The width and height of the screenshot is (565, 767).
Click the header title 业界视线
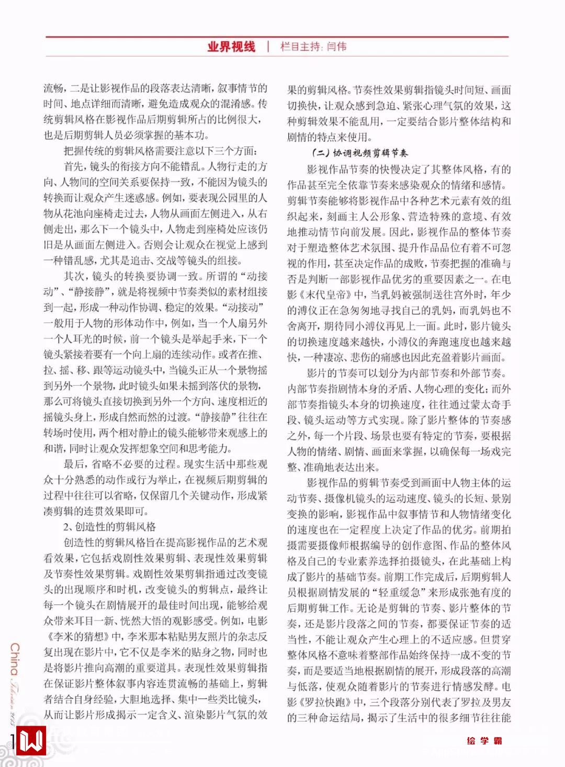[231, 47]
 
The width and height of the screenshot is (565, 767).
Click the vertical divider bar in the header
[268, 47]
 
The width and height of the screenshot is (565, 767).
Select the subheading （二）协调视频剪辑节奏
[359, 153]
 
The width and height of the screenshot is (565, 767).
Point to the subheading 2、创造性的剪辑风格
[109, 527]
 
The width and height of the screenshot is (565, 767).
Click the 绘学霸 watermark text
[484, 741]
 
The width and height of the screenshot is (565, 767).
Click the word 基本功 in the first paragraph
[189, 135]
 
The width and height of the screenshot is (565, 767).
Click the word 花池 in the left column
[87, 213]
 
